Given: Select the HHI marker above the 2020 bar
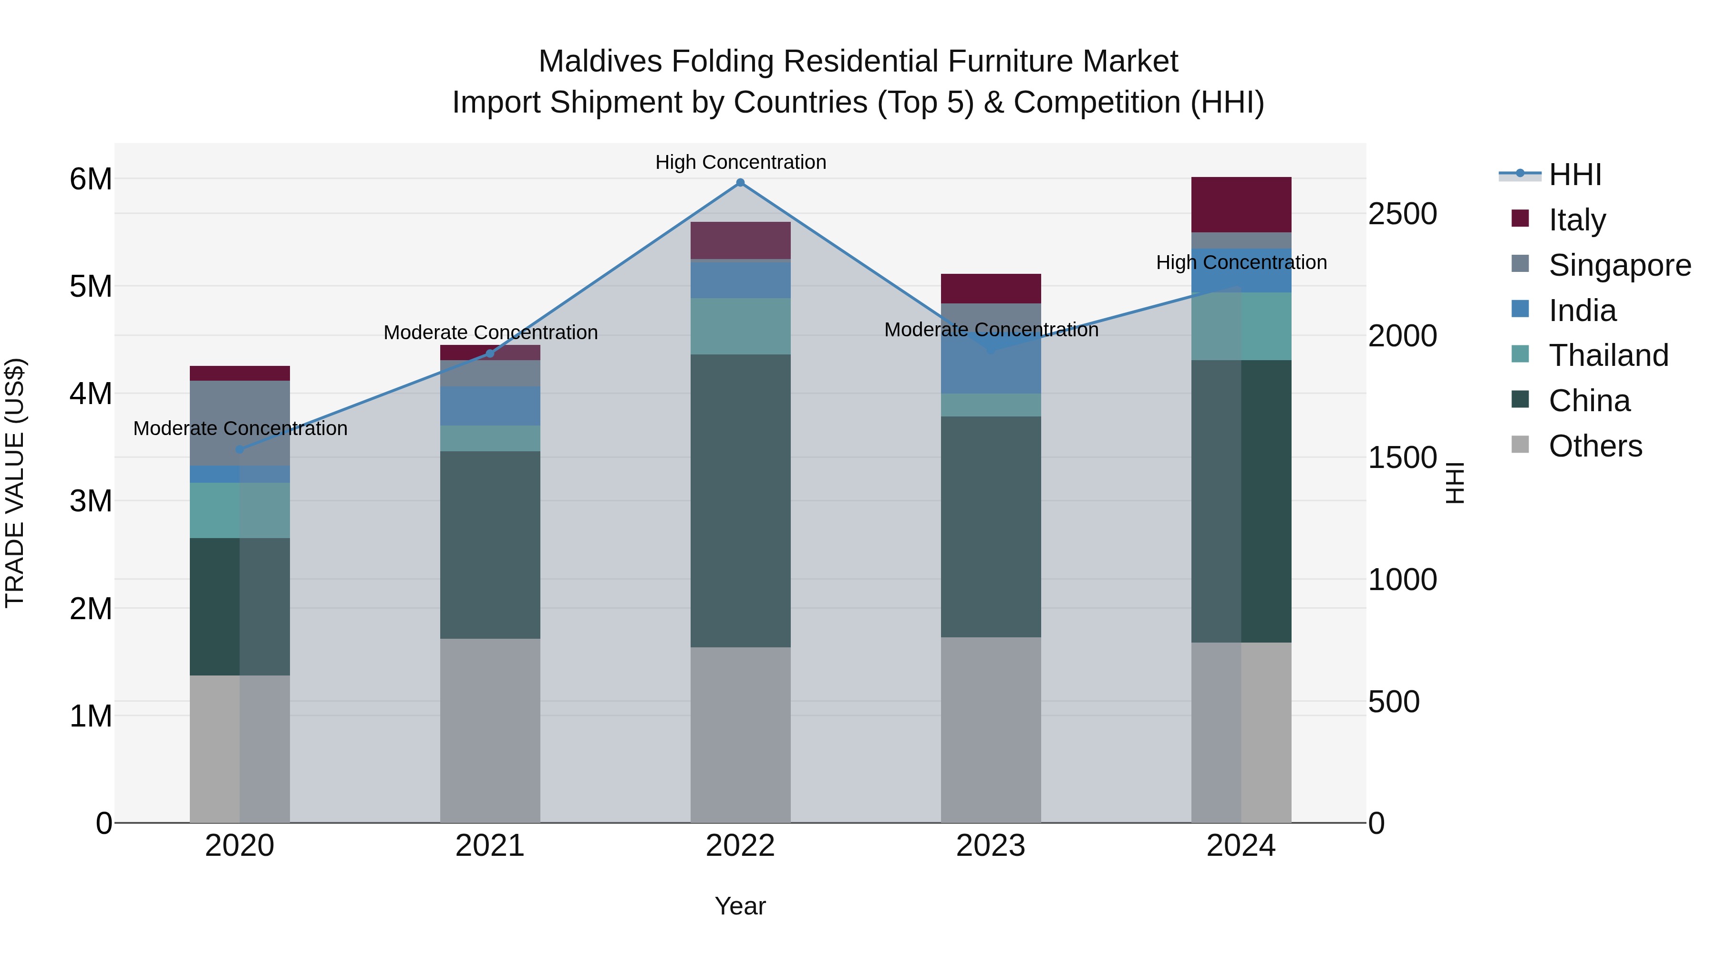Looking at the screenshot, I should tap(240, 449).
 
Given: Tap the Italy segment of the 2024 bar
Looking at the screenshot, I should tap(1241, 204).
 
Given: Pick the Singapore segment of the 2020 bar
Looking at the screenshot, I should tap(240, 423).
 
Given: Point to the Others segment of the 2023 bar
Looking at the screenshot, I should tap(991, 729).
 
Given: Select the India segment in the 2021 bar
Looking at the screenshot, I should tap(490, 405).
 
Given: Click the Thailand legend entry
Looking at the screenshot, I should tap(1608, 355).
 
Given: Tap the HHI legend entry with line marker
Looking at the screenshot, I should tap(1574, 175).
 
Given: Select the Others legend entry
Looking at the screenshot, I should tap(1594, 446).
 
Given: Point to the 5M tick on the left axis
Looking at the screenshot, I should tap(91, 287).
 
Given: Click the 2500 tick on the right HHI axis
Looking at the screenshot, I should tap(1402, 214).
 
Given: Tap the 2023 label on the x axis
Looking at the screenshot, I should tap(991, 846).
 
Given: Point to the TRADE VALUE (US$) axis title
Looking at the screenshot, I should tap(15, 483).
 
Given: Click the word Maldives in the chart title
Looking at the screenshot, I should tap(600, 62).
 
